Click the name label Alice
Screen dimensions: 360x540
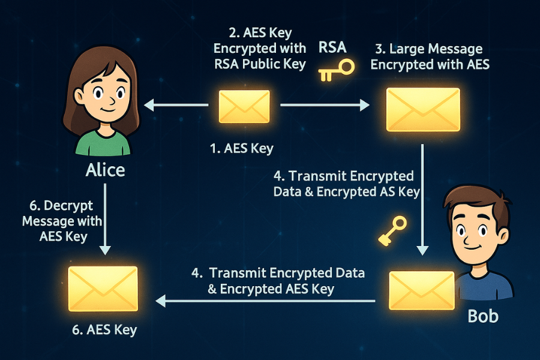105,170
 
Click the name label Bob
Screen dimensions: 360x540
483,316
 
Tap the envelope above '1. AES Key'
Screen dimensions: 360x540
244,107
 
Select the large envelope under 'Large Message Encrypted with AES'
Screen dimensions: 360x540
422,109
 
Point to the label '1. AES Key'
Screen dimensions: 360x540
241,149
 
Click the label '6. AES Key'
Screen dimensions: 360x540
104,329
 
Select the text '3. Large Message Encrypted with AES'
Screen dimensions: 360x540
430,56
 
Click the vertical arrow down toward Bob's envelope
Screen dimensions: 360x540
423,198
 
